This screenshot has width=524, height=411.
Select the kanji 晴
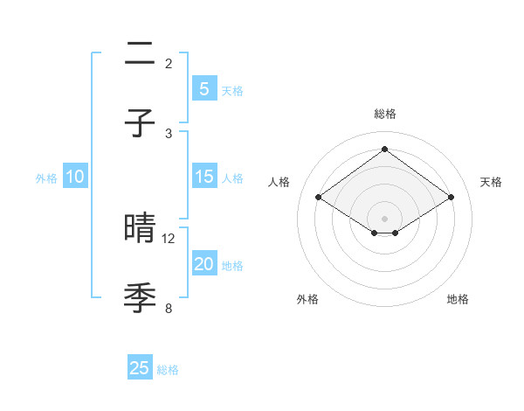click(140, 228)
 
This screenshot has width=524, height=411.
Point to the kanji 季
click(140, 298)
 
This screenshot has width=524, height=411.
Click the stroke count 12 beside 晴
click(169, 238)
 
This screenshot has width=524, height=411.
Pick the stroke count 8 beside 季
click(169, 308)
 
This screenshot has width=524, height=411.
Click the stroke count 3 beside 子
click(169, 133)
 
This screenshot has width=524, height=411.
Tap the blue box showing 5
click(203, 88)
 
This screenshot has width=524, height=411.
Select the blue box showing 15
click(203, 177)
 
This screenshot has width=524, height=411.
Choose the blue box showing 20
click(203, 264)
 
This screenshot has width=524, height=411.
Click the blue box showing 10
click(75, 177)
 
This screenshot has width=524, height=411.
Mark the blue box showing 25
click(140, 368)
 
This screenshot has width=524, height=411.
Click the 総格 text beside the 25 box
click(169, 370)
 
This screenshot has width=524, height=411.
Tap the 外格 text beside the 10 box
click(46, 178)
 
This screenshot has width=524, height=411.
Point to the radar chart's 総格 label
click(384, 114)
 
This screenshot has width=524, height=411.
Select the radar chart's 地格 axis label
click(458, 299)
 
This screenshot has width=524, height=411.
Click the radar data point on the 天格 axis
click(451, 198)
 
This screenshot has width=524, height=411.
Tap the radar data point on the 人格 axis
click(319, 198)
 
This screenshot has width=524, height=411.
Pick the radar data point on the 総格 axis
click(384, 150)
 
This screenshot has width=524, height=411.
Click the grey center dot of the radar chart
click(384, 218)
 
